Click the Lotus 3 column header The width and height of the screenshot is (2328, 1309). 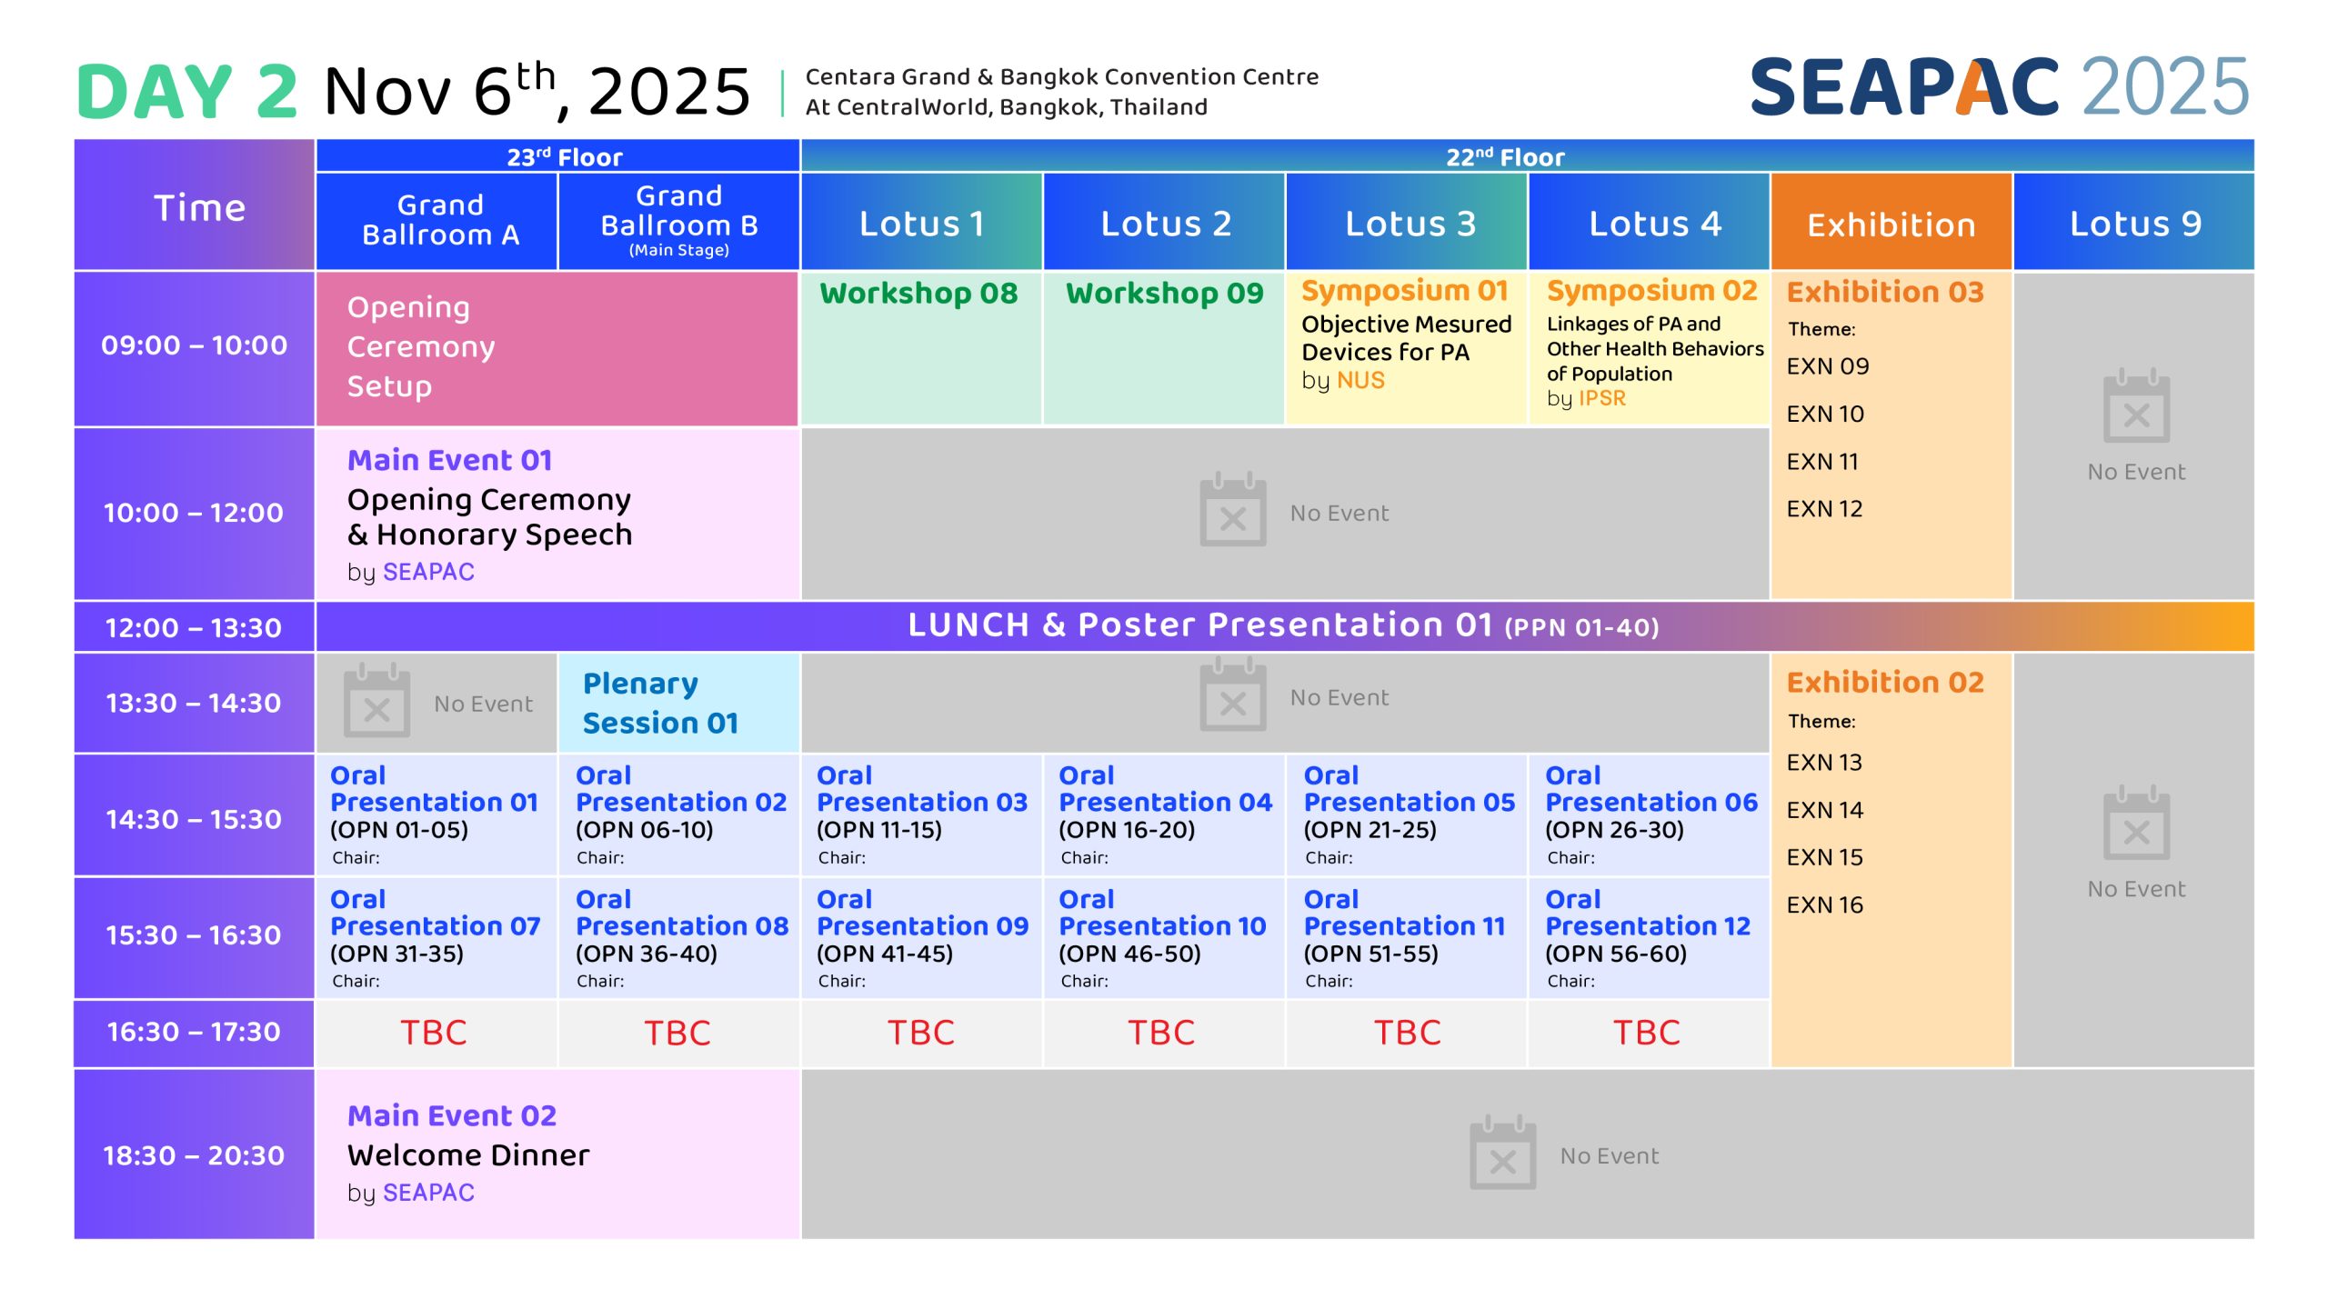pos(1408,223)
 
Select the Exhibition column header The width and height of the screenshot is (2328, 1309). pos(1891,223)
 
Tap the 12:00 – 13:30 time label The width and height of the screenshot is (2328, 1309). pos(194,627)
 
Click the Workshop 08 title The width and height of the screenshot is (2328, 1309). pos(918,294)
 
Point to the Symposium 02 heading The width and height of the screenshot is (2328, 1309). pos(1652,291)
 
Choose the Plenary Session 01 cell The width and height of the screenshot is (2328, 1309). pos(679,703)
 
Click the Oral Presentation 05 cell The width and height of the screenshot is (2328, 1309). pos(1408,815)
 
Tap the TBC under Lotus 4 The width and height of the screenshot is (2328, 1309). pos(1647,1033)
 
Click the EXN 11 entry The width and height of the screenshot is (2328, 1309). pos(1822,462)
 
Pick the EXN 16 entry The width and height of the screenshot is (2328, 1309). pos(1824,904)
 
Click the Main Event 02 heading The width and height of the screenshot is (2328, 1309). pos(452,1115)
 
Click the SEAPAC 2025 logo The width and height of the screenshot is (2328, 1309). pos(2000,87)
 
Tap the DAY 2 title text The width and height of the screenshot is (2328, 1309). pos(187,91)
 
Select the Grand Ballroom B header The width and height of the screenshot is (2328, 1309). pos(679,222)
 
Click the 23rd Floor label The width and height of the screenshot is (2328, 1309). pos(565,157)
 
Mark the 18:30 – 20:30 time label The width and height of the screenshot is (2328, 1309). pos(194,1155)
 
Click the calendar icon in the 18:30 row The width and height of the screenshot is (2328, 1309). pos(1503,1153)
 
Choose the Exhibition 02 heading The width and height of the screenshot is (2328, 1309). pos(1885,682)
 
